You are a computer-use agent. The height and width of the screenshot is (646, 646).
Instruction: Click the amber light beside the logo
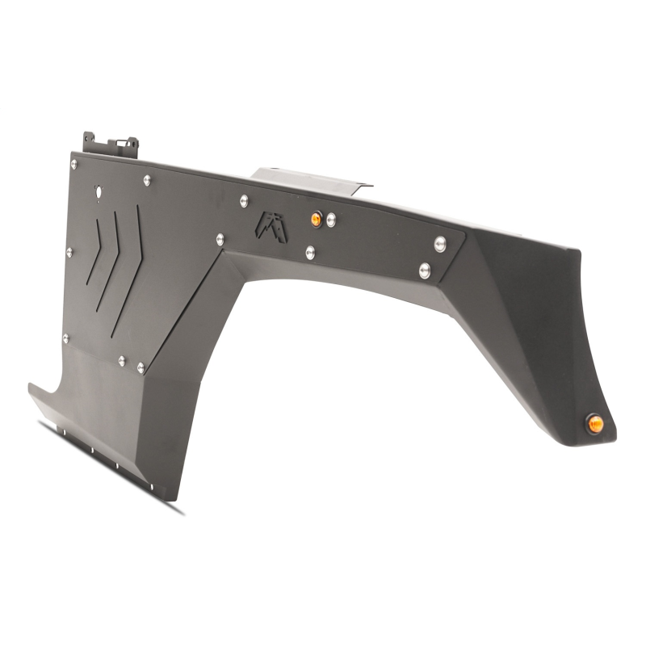tap(317, 219)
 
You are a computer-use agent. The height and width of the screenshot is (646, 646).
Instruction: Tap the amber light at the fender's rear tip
tap(595, 423)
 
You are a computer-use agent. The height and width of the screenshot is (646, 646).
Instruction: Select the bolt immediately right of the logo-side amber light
tap(331, 220)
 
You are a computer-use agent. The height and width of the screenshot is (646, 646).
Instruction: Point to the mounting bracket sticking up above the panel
tap(111, 146)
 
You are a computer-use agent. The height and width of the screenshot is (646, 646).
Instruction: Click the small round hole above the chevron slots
tap(99, 191)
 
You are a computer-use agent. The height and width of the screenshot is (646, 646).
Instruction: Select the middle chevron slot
tap(111, 260)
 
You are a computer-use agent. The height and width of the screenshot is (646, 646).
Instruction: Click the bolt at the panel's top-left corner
tap(74, 165)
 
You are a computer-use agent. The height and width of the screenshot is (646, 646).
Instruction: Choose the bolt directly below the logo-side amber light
tap(311, 253)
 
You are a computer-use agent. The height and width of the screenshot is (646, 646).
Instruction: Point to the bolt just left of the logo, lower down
tap(220, 239)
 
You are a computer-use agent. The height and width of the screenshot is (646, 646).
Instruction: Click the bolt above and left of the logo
tap(244, 199)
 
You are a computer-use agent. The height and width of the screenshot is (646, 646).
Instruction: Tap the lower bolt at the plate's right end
tap(425, 270)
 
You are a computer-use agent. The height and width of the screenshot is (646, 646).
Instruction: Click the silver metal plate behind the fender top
tap(307, 179)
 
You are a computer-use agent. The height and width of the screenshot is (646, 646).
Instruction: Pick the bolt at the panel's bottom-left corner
tap(66, 338)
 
